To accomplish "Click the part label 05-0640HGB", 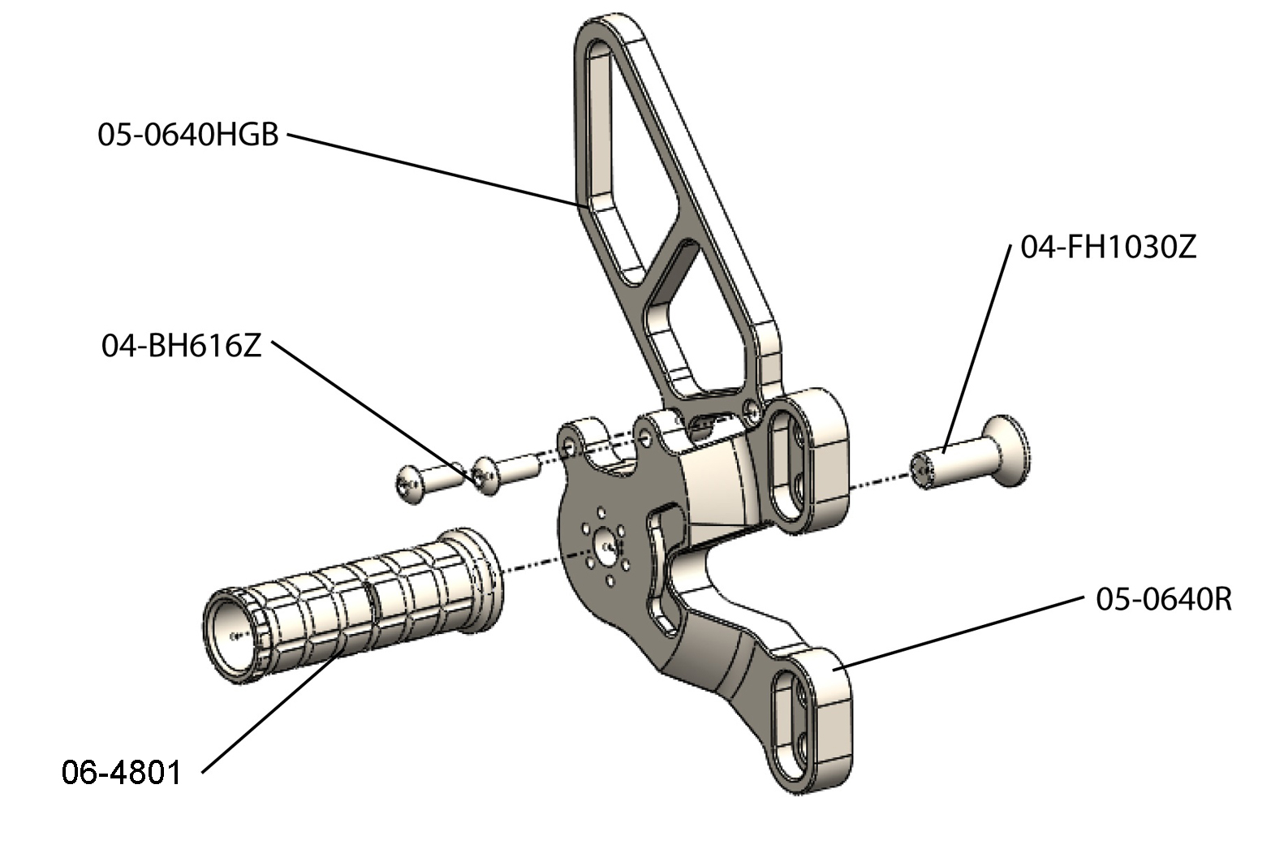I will click(187, 135).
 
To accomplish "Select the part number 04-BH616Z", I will click(181, 347).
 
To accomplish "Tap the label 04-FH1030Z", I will click(1108, 247).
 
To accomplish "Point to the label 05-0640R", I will click(1163, 599).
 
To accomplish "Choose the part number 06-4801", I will click(122, 772).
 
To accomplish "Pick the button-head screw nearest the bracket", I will click(504, 475).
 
